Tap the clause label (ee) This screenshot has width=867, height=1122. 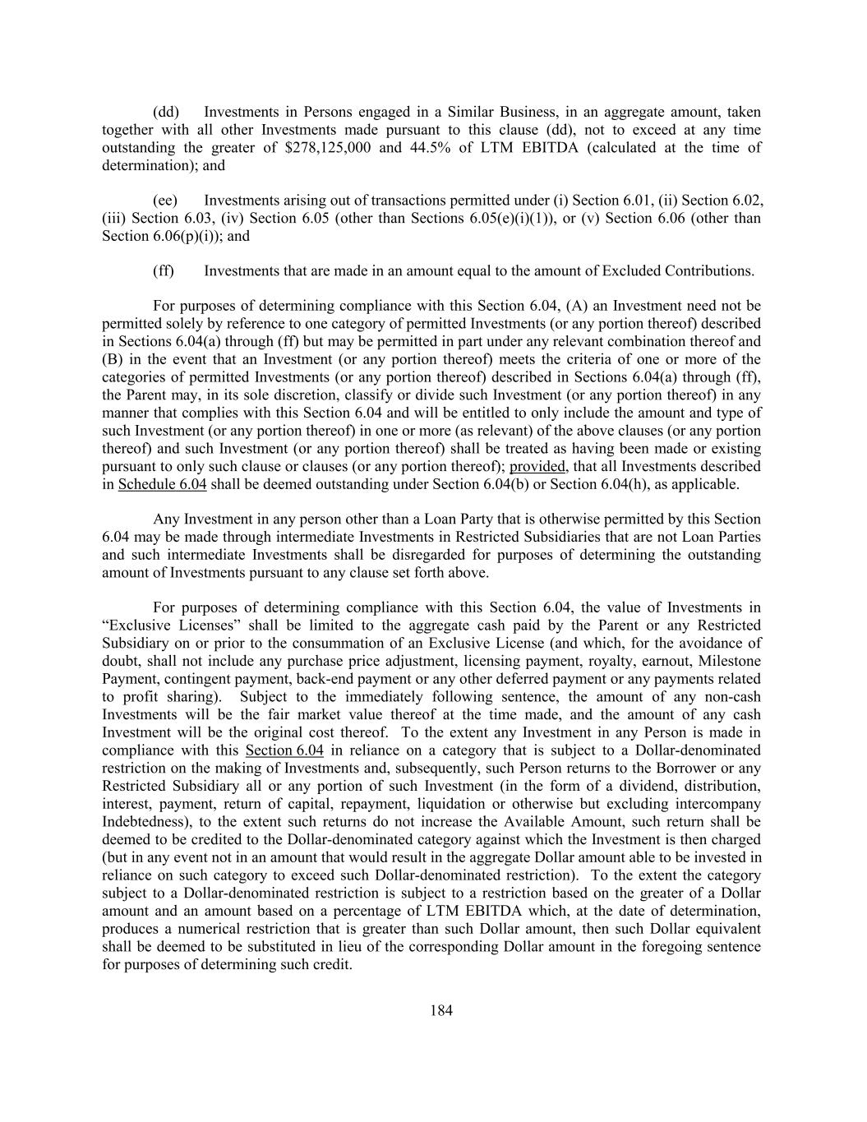[166, 201]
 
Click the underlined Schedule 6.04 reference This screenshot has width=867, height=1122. [162, 485]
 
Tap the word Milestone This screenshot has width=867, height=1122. [729, 662]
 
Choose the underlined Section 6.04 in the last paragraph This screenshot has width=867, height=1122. [284, 751]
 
